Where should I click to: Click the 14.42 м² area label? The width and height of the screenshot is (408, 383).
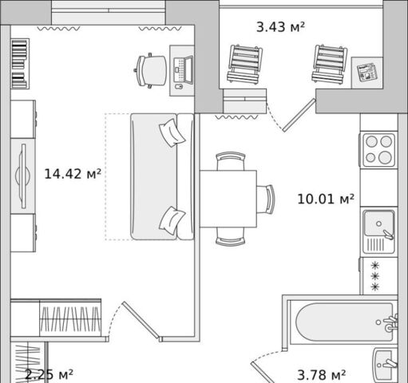tap(73, 174)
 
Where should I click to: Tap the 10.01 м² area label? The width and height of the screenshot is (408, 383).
tap(326, 199)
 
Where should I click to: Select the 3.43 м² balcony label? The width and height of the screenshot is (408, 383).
tap(280, 27)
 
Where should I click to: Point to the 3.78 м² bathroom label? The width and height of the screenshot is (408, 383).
tap(321, 375)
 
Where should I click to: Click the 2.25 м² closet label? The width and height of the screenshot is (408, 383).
tap(49, 374)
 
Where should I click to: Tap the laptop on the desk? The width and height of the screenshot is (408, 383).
tap(183, 70)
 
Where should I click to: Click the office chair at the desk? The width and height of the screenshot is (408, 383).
tap(151, 70)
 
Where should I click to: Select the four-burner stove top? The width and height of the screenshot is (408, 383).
tap(378, 150)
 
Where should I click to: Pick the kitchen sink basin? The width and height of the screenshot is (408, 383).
tap(378, 223)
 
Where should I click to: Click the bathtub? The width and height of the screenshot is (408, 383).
tap(344, 322)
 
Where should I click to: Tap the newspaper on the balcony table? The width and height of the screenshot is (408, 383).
tap(367, 72)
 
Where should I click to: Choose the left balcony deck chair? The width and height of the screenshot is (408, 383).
tap(244, 64)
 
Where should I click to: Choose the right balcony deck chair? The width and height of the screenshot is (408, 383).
tap(330, 64)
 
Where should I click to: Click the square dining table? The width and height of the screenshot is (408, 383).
tap(228, 199)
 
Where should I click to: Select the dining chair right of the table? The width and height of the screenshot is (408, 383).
tap(266, 199)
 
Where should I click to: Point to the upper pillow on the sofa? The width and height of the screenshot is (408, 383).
tap(172, 132)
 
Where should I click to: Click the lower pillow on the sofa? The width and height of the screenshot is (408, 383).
tap(172, 220)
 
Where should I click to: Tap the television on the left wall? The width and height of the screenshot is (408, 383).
tap(23, 176)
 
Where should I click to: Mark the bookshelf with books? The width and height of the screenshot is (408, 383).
tap(20, 64)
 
